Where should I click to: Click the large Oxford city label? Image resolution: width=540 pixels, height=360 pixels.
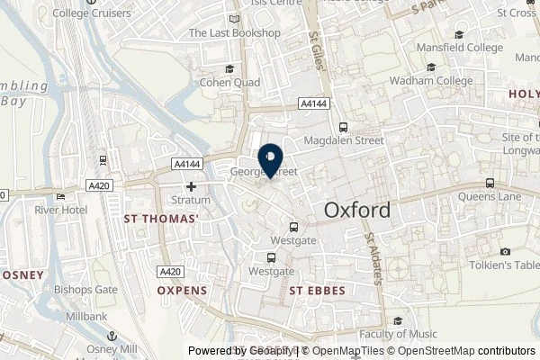click(x=357, y=211)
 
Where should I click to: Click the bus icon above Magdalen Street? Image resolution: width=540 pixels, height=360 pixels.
click(x=343, y=128)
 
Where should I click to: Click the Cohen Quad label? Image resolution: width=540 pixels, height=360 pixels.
click(x=229, y=82)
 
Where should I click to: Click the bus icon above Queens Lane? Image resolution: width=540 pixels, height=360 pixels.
click(x=490, y=182)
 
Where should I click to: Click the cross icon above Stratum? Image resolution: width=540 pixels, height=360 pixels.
click(x=191, y=186)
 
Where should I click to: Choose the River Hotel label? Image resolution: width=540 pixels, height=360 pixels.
click(x=59, y=210)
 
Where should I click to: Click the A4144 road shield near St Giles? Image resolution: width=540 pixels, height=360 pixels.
click(x=312, y=104)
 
